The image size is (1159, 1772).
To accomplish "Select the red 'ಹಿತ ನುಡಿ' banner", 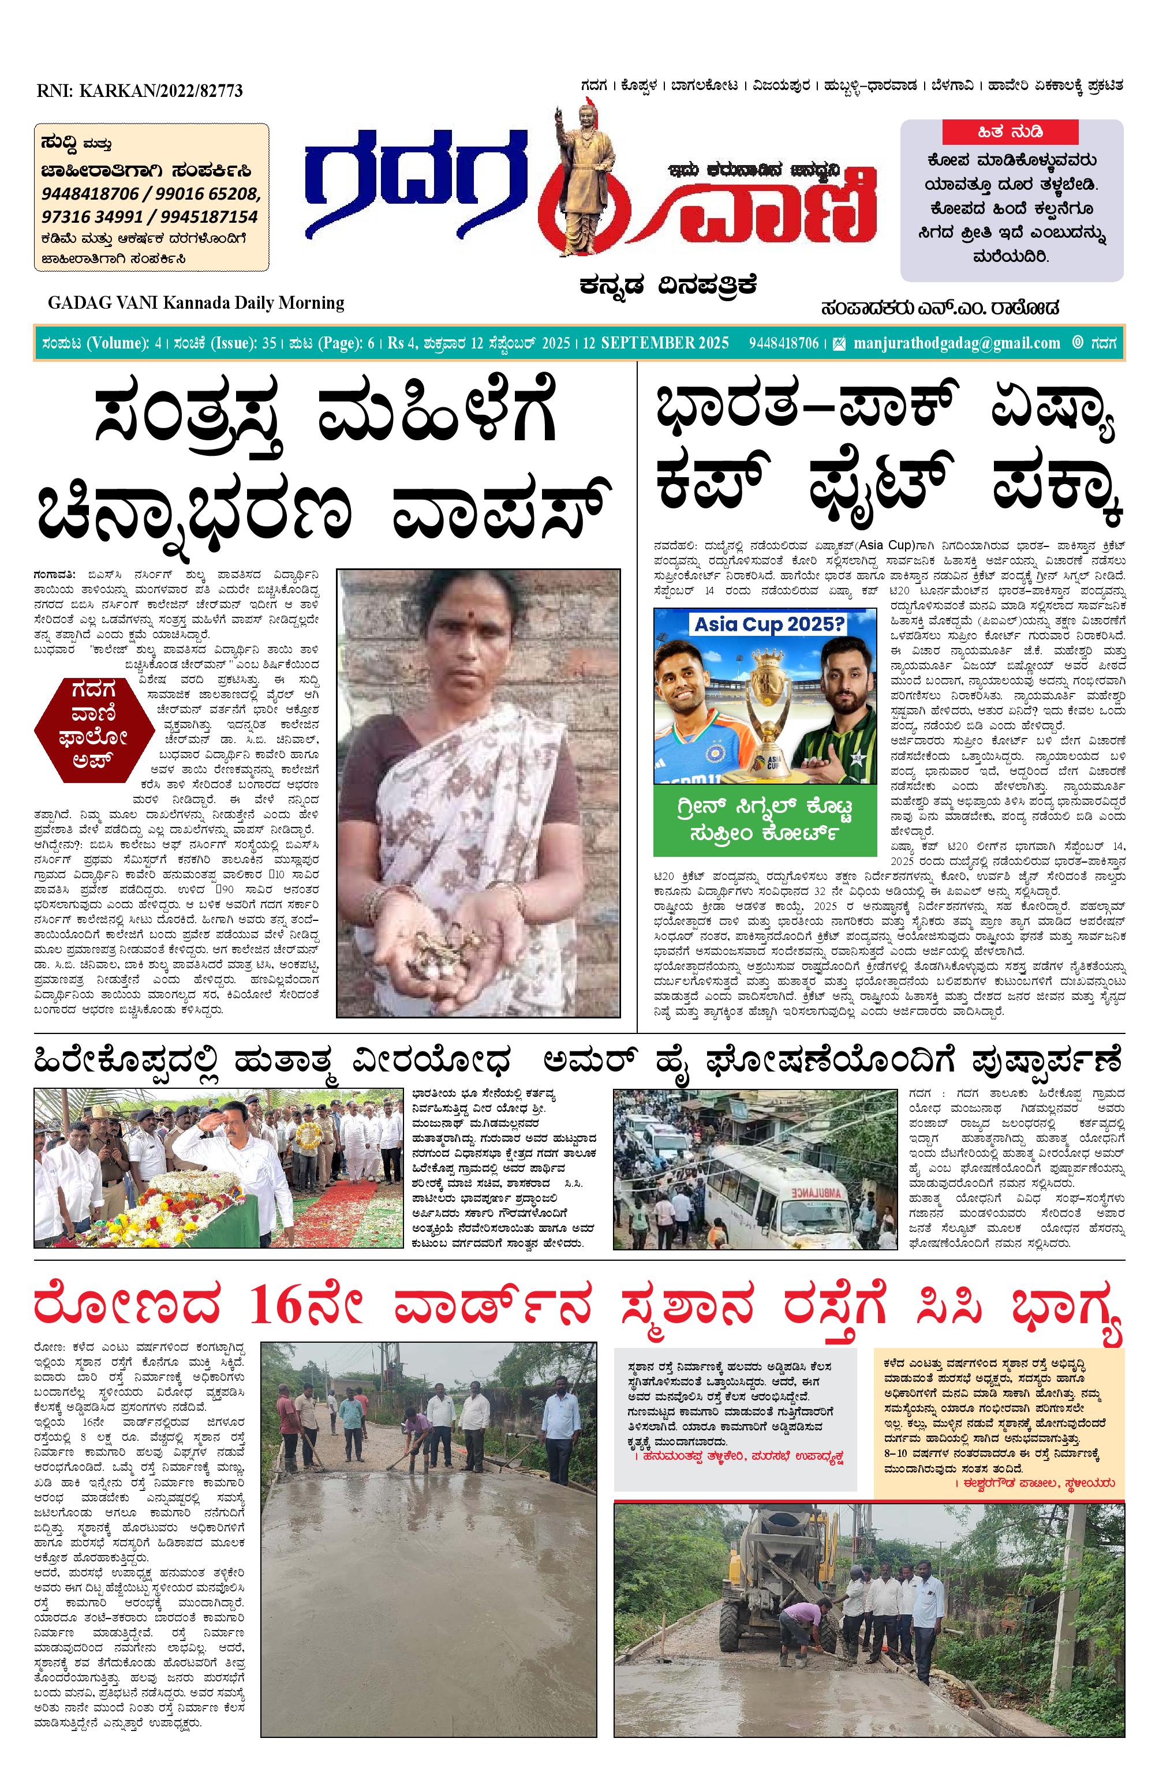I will [x=1011, y=133].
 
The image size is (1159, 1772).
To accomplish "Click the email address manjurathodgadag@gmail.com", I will [x=956, y=343].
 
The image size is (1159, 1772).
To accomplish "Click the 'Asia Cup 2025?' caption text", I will [x=769, y=624].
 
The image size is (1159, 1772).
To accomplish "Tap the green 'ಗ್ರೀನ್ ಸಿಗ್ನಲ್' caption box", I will [x=764, y=819].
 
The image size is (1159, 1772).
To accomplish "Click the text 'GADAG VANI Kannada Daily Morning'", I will [x=196, y=303].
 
